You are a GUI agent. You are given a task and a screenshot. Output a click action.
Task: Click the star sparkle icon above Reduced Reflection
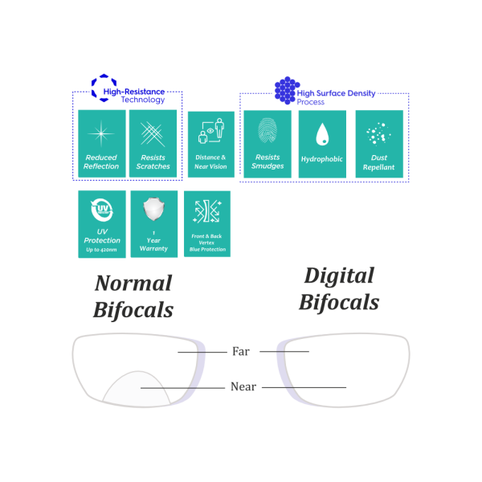click(101, 132)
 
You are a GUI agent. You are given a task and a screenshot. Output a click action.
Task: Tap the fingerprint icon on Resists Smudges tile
click(268, 130)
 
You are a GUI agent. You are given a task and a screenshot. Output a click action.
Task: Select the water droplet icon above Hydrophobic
click(322, 133)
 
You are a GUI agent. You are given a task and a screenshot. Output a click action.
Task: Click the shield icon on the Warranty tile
click(153, 210)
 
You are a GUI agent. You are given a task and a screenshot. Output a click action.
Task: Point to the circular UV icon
click(102, 211)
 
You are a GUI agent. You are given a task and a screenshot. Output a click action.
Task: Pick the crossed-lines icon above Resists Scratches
click(153, 132)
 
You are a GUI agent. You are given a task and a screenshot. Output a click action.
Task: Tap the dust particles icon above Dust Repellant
click(378, 133)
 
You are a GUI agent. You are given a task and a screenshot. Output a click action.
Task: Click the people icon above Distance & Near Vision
click(210, 131)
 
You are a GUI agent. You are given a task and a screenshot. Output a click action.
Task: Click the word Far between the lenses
click(240, 351)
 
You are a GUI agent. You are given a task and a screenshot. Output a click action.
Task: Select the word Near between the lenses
click(243, 387)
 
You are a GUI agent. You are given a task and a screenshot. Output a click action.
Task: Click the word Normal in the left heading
click(133, 284)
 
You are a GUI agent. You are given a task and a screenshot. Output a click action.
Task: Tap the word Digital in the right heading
click(338, 276)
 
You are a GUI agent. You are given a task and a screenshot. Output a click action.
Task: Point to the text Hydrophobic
click(322, 159)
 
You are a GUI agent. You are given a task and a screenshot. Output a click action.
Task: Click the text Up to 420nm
click(102, 251)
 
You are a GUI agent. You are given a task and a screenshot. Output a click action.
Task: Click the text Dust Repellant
click(378, 162)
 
